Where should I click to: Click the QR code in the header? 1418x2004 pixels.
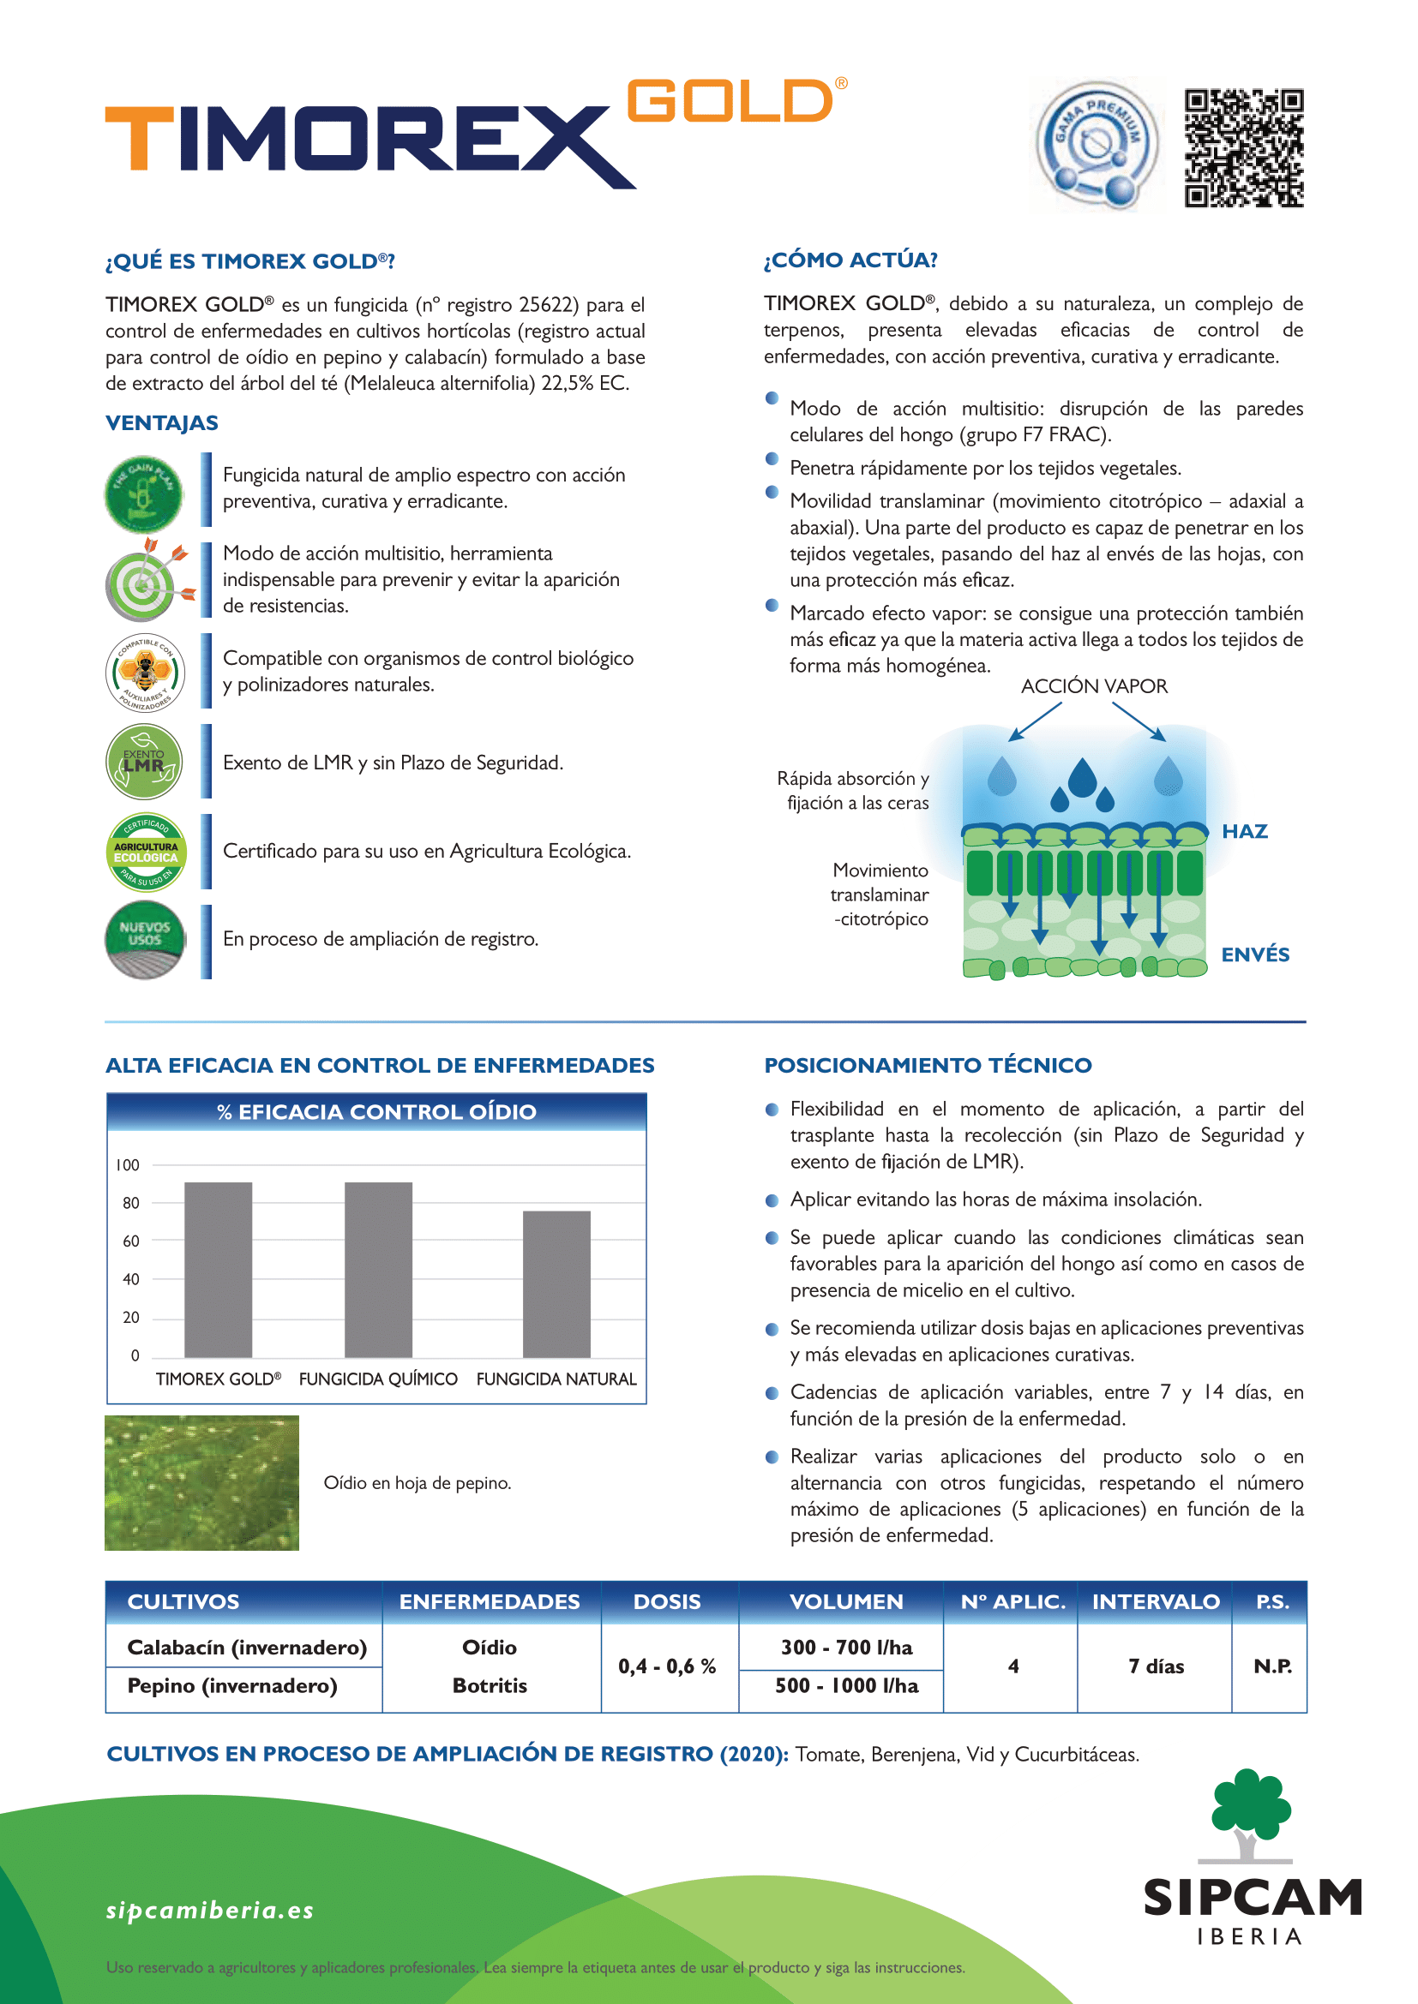point(1243,147)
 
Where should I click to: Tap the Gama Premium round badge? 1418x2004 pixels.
point(1097,145)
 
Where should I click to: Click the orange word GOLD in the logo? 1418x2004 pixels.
point(730,101)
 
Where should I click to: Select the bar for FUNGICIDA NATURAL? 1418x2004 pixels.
point(556,1283)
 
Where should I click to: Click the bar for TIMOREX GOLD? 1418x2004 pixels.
point(219,1269)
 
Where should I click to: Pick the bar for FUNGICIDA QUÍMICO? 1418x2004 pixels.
point(378,1269)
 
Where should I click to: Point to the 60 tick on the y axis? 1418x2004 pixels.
point(131,1241)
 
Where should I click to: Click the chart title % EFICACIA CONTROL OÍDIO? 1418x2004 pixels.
point(376,1112)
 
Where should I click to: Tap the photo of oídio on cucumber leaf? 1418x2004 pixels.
point(201,1482)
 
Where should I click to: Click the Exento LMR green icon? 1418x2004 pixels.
point(144,762)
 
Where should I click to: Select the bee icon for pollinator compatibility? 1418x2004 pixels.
point(145,672)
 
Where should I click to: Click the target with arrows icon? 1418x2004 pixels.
point(145,580)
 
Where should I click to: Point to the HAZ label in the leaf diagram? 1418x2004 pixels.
point(1244,831)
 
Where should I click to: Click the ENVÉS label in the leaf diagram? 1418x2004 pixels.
point(1255,954)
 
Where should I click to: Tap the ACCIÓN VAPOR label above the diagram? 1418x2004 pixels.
point(1094,686)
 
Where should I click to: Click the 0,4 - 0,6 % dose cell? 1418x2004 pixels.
point(667,1666)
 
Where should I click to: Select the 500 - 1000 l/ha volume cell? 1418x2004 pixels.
point(846,1685)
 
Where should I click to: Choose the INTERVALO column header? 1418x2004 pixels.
point(1155,1601)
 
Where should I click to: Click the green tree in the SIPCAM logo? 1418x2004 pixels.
point(1250,1803)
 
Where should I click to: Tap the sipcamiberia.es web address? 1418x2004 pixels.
point(209,1911)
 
